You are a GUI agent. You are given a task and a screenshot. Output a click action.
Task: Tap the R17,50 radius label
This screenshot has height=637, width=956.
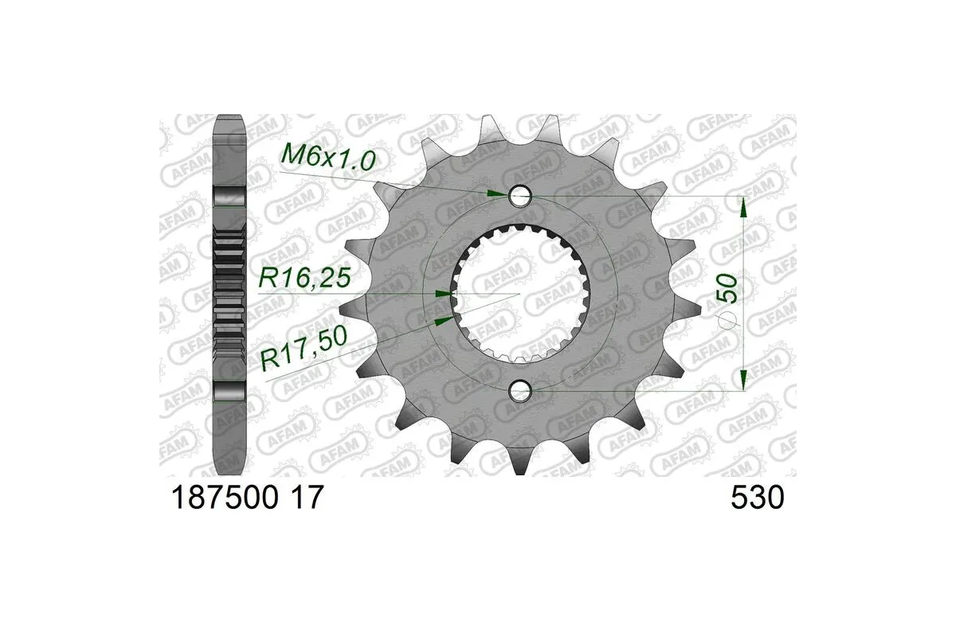point(305,349)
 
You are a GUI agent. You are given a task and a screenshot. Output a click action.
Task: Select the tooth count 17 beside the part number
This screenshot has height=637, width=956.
point(308,498)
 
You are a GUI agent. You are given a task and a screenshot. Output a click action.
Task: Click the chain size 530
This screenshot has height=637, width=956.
point(757,498)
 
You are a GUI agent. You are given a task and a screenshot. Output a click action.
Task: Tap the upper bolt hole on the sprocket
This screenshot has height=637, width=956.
point(520,195)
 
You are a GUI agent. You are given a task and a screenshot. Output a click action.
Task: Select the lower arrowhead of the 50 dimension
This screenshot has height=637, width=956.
point(743,378)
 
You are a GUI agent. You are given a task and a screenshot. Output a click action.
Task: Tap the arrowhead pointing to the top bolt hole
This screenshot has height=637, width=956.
point(496,193)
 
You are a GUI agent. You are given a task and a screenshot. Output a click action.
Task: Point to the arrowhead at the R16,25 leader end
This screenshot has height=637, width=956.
point(442,294)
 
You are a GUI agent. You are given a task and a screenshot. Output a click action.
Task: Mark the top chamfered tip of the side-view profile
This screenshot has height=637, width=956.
point(229,115)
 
